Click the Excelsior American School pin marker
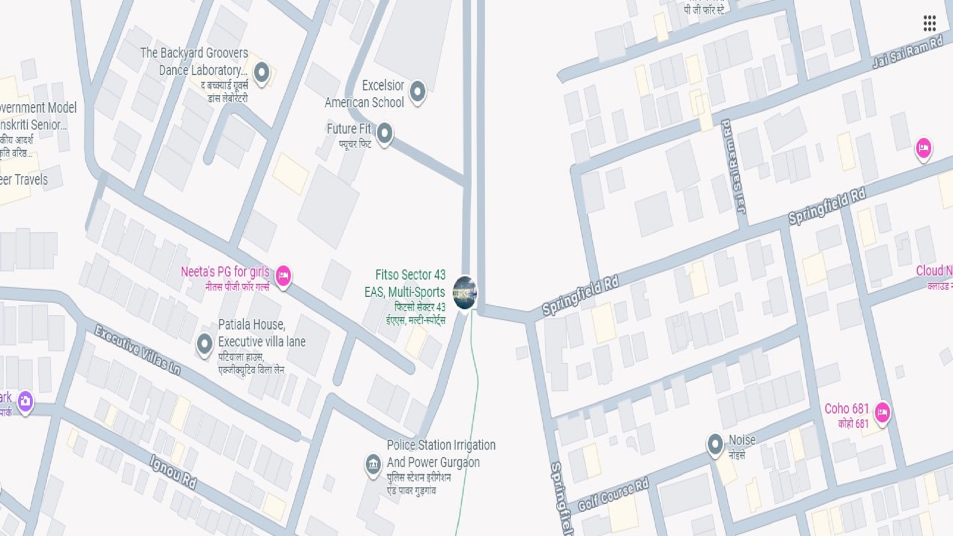(417, 91)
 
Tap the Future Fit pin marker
(384, 133)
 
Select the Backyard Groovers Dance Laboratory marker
(262, 72)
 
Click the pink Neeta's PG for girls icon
(283, 274)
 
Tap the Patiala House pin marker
(204, 343)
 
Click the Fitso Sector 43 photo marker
(465, 292)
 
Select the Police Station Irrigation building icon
(373, 465)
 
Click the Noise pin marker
(715, 443)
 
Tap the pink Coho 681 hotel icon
(882, 412)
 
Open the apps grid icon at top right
(929, 23)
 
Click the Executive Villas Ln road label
(137, 350)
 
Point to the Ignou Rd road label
(173, 472)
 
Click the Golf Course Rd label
(613, 495)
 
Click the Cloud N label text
(934, 271)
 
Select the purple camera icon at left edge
(25, 401)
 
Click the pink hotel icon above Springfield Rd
(923, 148)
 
